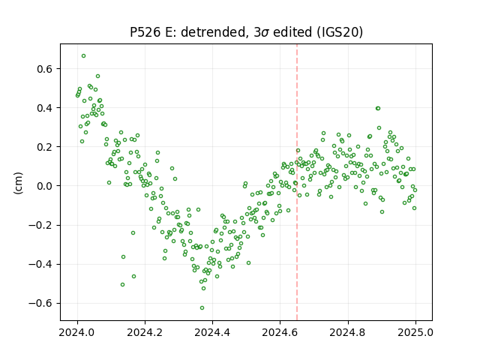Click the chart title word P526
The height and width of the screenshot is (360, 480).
tap(145, 32)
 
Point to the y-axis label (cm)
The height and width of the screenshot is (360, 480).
tap(18, 183)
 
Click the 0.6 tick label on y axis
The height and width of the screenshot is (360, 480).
tap(45, 69)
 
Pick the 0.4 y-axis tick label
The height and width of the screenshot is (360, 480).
tap(45, 108)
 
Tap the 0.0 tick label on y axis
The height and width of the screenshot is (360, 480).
tap(45, 186)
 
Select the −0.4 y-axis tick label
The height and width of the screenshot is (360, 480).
tap(40, 264)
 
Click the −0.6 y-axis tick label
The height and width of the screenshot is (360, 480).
tap(40, 303)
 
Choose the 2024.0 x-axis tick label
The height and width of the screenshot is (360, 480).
tap(77, 332)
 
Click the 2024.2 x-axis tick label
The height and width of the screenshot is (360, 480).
tap(145, 332)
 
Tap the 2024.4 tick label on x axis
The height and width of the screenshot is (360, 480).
tap(212, 332)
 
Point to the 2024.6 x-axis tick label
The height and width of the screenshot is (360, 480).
tap(280, 332)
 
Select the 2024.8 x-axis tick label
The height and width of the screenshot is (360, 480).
tap(348, 332)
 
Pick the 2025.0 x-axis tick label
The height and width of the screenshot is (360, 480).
tap(415, 332)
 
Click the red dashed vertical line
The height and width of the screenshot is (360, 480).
tap(297, 182)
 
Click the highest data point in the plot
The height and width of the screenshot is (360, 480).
tap(83, 56)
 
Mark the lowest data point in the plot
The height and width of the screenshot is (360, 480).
tap(202, 308)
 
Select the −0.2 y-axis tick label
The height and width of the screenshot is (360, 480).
tap(40, 225)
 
